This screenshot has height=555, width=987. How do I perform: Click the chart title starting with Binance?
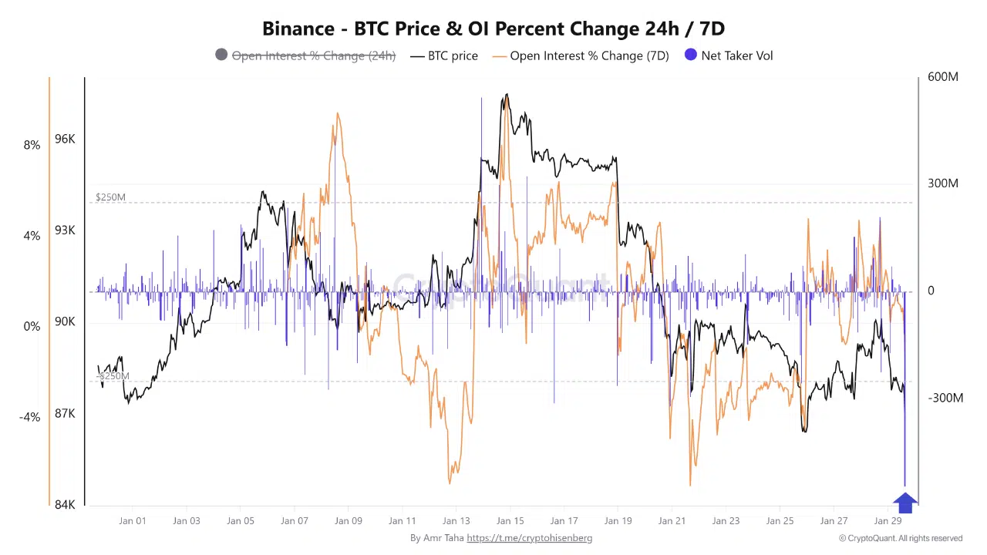(x=493, y=29)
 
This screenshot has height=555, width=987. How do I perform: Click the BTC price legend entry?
(x=453, y=55)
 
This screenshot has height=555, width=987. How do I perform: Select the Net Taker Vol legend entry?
(x=737, y=55)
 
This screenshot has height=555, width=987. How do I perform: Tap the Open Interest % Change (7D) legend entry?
(x=589, y=55)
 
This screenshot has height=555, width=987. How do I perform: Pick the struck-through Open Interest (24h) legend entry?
(x=313, y=55)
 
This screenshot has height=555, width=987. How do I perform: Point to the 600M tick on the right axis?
(x=943, y=77)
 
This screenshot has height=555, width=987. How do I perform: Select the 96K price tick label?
(x=65, y=140)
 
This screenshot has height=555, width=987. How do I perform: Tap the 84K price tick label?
(x=65, y=505)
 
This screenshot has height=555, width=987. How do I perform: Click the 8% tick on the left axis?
(x=32, y=145)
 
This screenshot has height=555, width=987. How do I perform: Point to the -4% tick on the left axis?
(x=29, y=417)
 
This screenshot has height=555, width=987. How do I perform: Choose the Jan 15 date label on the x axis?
(x=510, y=521)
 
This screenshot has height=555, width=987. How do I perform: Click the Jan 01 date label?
(x=132, y=521)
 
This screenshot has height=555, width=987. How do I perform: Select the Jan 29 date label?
(x=888, y=521)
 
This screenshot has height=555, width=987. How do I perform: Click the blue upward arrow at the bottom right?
(x=905, y=503)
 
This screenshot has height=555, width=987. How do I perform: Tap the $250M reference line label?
(x=110, y=197)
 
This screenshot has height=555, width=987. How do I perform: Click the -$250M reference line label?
(x=113, y=376)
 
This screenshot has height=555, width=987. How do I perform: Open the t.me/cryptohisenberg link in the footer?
(x=529, y=538)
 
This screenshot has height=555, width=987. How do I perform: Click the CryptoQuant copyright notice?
(x=901, y=538)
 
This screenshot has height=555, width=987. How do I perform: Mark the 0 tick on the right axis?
(x=931, y=291)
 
